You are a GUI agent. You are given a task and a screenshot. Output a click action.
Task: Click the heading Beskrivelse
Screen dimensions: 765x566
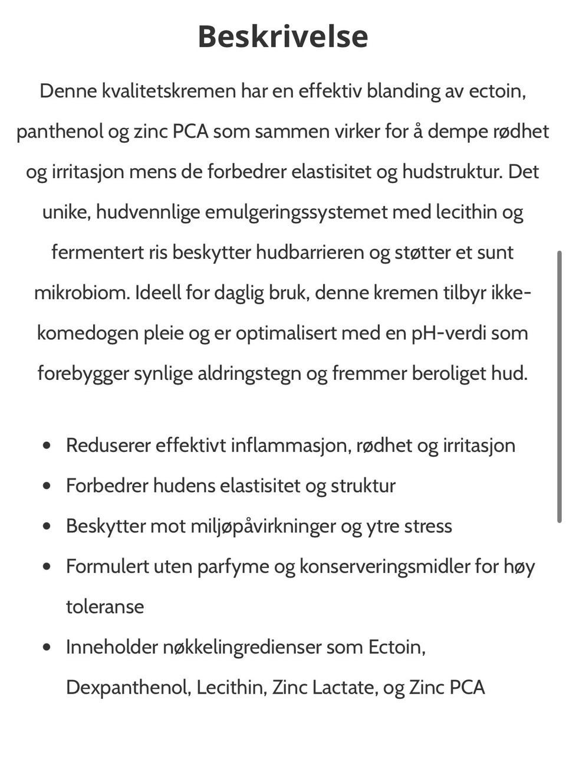point(282,36)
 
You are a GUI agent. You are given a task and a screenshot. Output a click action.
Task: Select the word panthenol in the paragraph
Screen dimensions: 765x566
point(60,132)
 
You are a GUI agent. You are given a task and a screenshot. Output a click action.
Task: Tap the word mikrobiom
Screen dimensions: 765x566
point(81,293)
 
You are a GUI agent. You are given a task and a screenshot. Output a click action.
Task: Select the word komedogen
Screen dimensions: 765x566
point(87,333)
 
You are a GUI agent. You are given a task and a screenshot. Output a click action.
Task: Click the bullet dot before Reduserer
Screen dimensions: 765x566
point(48,445)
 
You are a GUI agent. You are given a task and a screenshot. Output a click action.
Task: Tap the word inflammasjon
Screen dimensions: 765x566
point(291,445)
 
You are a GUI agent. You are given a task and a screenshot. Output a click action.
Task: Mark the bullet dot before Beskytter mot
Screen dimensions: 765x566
point(48,526)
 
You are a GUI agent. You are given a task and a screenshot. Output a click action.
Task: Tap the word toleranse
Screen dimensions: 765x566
point(105,607)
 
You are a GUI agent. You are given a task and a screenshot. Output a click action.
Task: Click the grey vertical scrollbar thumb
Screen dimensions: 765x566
point(560,386)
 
